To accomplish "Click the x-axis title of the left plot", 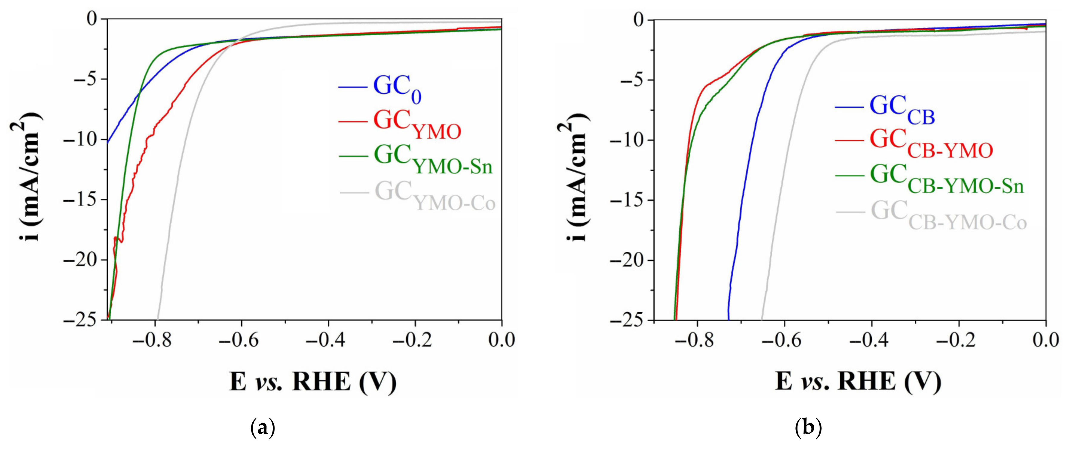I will pos(312,381).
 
